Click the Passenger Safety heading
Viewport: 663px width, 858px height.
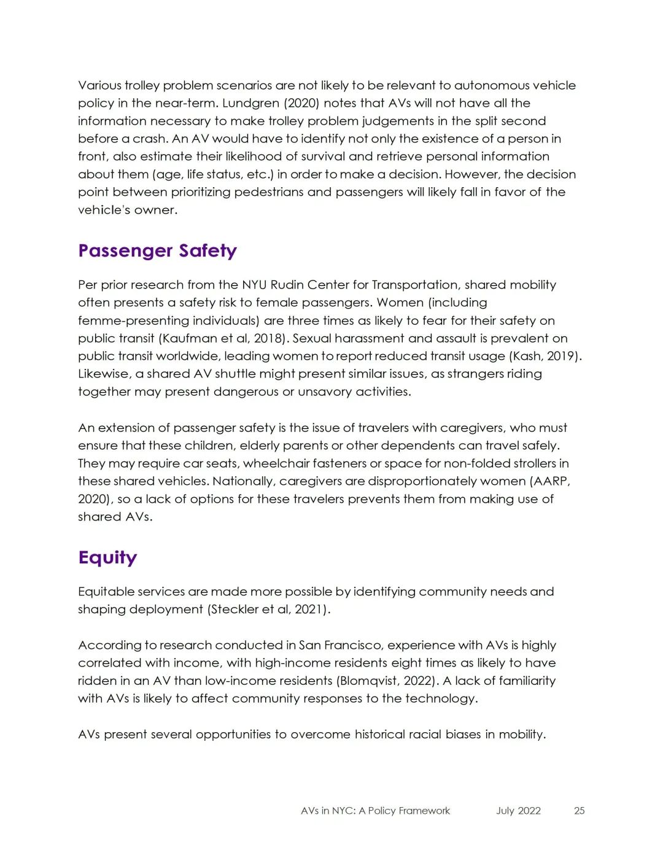click(x=157, y=251)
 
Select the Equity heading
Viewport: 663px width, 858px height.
click(x=107, y=557)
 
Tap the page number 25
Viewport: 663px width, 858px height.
click(x=579, y=811)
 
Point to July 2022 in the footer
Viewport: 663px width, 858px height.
click(x=518, y=811)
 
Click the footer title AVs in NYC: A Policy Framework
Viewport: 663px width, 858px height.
click(x=375, y=811)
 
